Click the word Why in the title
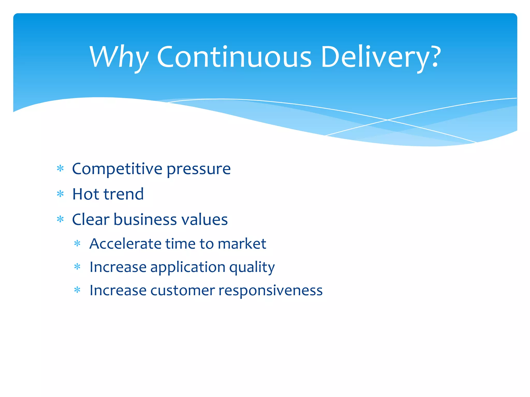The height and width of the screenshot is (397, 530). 119,57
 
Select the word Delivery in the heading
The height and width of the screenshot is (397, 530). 375,57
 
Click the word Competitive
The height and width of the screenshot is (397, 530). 117,169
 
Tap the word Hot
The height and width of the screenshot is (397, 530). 86,194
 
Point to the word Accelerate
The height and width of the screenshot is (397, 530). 125,244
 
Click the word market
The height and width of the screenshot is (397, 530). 242,244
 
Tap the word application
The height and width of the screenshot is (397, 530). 188,267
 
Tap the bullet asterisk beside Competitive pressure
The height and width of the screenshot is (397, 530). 60,169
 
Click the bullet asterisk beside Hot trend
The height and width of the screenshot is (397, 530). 60,194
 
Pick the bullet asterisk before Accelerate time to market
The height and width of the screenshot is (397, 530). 77,243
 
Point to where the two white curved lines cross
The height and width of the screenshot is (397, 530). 387,120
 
